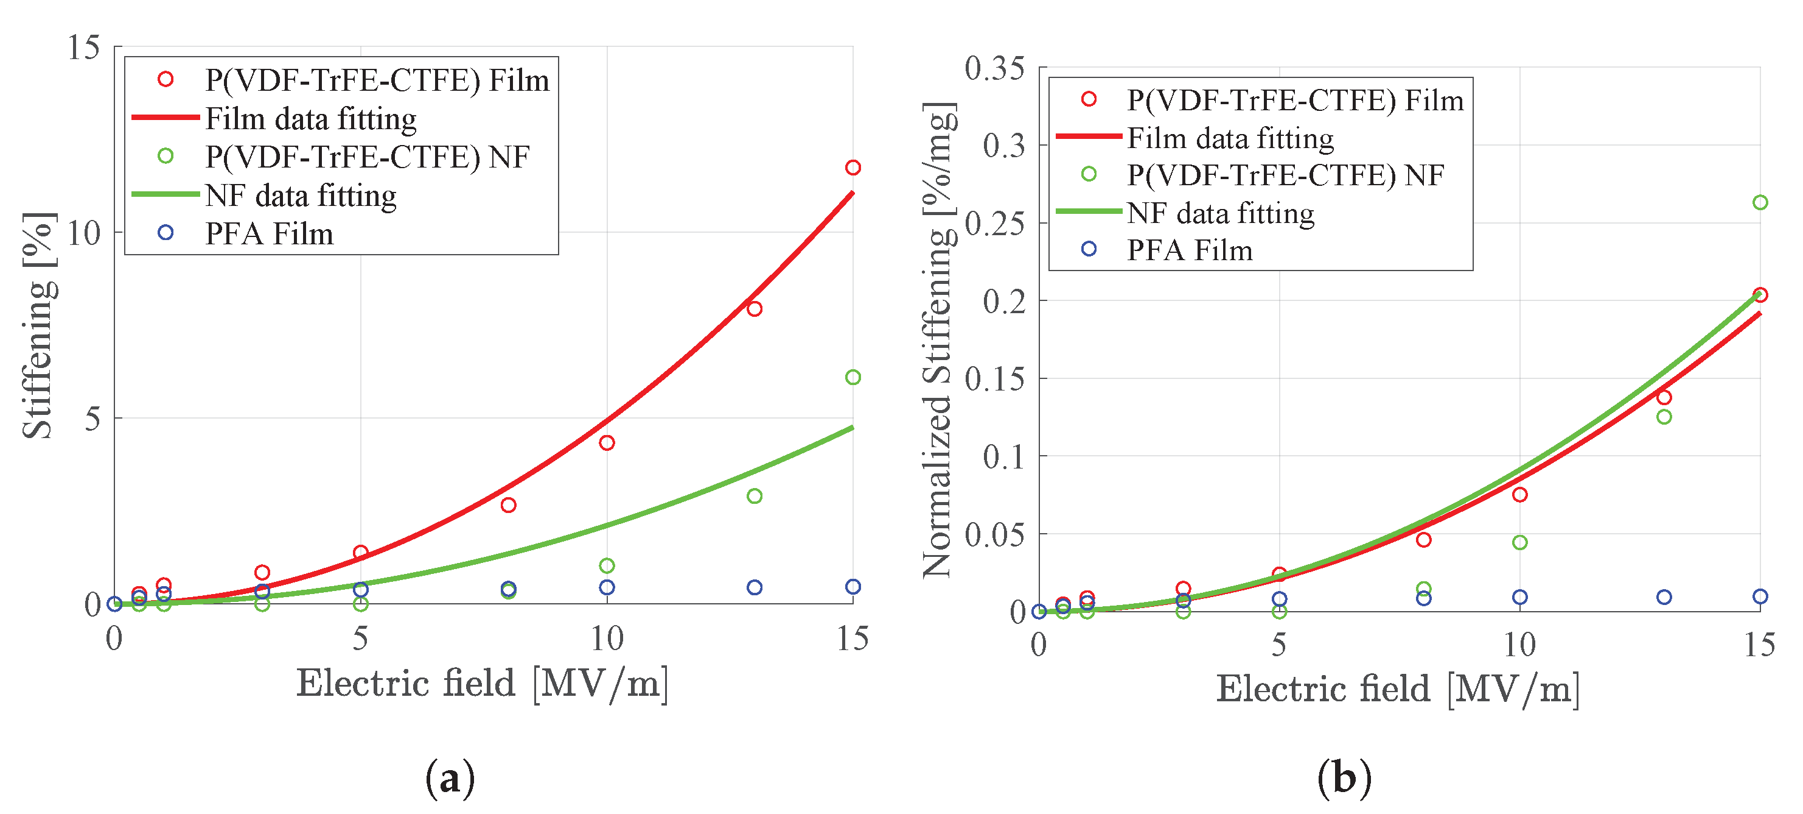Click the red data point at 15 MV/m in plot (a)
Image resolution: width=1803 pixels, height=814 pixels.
pyautogui.click(x=853, y=168)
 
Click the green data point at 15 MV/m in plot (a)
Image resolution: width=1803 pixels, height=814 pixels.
pyautogui.click(x=853, y=378)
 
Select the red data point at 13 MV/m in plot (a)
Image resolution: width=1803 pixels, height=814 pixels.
pyautogui.click(x=754, y=309)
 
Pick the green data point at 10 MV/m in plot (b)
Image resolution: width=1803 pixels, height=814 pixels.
pyautogui.click(x=1519, y=542)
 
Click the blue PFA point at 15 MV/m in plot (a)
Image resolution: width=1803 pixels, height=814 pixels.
pyautogui.click(x=853, y=586)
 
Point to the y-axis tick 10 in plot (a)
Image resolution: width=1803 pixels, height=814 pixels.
pyautogui.click(x=84, y=233)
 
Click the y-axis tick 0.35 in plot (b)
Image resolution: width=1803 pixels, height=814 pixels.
pyautogui.click(x=994, y=69)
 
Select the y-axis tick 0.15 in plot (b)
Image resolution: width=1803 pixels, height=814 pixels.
pyautogui.click(x=994, y=379)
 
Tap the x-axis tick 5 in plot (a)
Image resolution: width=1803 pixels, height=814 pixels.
pyautogui.click(x=360, y=638)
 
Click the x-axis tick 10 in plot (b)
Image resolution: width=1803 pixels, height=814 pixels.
pyautogui.click(x=1519, y=645)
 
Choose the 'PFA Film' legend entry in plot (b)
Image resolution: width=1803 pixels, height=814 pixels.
pyautogui.click(x=1189, y=250)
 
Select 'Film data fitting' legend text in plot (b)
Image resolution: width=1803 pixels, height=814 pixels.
pyautogui.click(x=1230, y=137)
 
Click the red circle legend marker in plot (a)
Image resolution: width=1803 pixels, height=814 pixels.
pyautogui.click(x=165, y=79)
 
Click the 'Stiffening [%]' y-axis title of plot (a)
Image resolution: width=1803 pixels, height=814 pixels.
pyautogui.click(x=39, y=326)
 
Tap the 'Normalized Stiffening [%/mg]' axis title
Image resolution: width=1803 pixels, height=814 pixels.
pyautogui.click(x=938, y=341)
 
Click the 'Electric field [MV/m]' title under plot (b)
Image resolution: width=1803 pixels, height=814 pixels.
pyautogui.click(x=1398, y=688)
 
